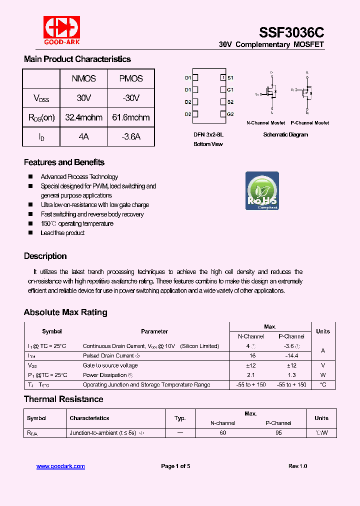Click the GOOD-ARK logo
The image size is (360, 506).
coord(61,30)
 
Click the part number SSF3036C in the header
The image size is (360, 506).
coord(291,32)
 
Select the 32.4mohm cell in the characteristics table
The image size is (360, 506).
coord(83,117)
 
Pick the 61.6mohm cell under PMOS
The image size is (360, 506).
coord(130,117)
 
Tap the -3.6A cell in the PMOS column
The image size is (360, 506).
coord(130,136)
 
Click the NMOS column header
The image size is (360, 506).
coord(83,78)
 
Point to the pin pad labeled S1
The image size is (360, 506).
coord(223,77)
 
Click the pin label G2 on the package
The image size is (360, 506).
coord(230,114)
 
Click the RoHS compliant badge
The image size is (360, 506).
coord(262,191)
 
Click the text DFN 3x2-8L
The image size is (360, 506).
coord(208,134)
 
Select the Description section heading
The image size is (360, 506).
coord(45,256)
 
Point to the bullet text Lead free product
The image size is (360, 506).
coord(62,233)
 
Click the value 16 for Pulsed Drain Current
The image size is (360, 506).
coord(252,355)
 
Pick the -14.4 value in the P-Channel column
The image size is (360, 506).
coord(291,355)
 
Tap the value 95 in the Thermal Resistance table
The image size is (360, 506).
coord(278,433)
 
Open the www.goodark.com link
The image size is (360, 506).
coord(60,466)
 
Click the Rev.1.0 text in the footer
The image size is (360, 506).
coord(297,466)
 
